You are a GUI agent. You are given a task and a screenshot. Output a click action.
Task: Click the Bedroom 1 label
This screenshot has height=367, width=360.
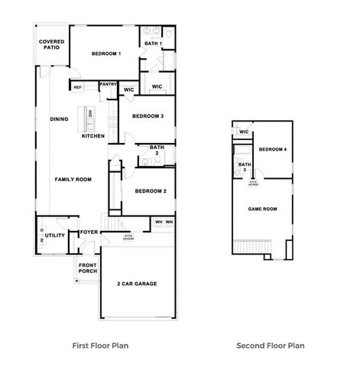[x=107, y=54]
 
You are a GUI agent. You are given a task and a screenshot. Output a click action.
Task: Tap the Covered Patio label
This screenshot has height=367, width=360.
[x=51, y=44]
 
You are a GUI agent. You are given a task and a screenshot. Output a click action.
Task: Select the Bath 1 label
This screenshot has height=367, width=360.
[x=153, y=44]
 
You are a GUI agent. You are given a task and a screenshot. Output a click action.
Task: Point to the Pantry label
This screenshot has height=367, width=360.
[x=108, y=84]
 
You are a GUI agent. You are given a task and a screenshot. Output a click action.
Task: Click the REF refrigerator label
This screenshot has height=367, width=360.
[x=78, y=87]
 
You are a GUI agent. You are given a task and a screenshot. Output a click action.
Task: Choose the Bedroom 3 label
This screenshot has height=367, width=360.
[x=148, y=116]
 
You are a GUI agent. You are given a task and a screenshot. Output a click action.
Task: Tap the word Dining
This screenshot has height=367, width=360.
[x=59, y=119]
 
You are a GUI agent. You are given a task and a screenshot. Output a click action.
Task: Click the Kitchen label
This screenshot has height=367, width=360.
[x=93, y=136]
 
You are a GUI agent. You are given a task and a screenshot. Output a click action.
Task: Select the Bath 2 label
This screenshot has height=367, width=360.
[x=157, y=151]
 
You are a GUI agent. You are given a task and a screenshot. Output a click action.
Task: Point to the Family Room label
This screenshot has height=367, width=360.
[x=73, y=179]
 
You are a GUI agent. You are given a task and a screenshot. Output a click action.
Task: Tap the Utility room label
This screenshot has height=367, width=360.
[x=55, y=236]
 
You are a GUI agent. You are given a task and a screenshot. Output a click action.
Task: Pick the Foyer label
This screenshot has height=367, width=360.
[x=89, y=232]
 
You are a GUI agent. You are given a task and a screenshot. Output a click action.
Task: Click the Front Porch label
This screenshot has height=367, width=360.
[x=87, y=268]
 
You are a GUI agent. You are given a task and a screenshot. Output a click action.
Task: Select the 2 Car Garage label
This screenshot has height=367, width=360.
[x=137, y=284]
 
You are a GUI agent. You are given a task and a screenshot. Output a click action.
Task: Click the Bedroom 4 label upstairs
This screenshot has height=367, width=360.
[x=273, y=149]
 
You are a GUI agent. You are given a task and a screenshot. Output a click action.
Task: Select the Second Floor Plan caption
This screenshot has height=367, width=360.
[x=270, y=346]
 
